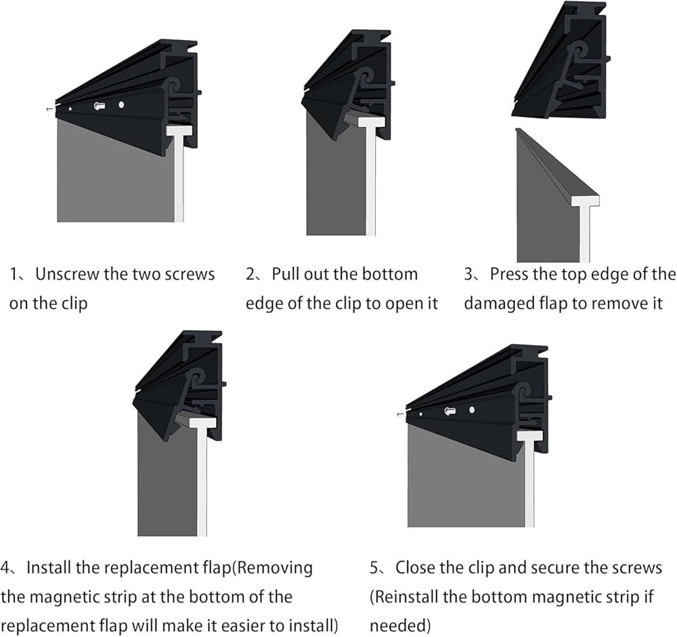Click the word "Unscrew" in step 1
pyautogui.click(x=68, y=274)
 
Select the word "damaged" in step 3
pyautogui.click(x=498, y=304)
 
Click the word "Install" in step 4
pyautogui.click(x=48, y=568)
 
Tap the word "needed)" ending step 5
pyautogui.click(x=400, y=626)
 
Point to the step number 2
pyautogui.click(x=250, y=274)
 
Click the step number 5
pyautogui.click(x=374, y=568)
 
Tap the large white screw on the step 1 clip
pyautogui.click(x=100, y=105)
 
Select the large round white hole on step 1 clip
pyautogui.click(x=121, y=104)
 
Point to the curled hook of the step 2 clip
pyautogui.click(x=364, y=77)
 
